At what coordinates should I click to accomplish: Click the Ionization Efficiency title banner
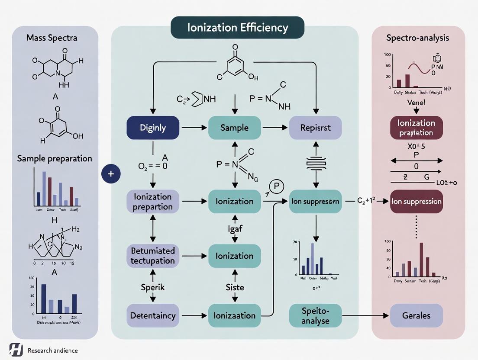pyautogui.click(x=238, y=28)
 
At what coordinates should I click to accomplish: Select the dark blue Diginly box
pyautogui.click(x=152, y=128)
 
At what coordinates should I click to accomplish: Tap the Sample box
pyautogui.click(x=234, y=128)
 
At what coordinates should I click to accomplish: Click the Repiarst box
pyautogui.click(x=315, y=128)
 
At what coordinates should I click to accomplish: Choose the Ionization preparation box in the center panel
pyautogui.click(x=152, y=201)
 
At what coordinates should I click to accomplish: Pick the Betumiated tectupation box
pyautogui.click(x=152, y=255)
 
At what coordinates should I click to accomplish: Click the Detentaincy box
pyautogui.click(x=152, y=315)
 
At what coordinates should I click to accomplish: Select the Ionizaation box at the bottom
pyautogui.click(x=234, y=315)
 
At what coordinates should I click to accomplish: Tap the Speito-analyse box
pyautogui.click(x=315, y=315)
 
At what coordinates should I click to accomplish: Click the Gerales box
pyautogui.click(x=417, y=315)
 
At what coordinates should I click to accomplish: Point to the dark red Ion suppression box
pyautogui.click(x=417, y=201)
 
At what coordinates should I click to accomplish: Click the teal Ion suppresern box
pyautogui.click(x=315, y=201)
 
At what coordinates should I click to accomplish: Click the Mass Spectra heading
pyautogui.click(x=52, y=38)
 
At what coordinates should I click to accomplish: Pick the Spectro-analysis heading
pyautogui.click(x=417, y=38)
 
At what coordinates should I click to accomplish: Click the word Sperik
pyautogui.click(x=152, y=287)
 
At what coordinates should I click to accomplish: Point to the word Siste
pyautogui.click(x=234, y=287)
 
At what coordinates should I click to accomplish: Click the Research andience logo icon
pyautogui.click(x=16, y=350)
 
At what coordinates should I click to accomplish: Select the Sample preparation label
pyautogui.click(x=55, y=158)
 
